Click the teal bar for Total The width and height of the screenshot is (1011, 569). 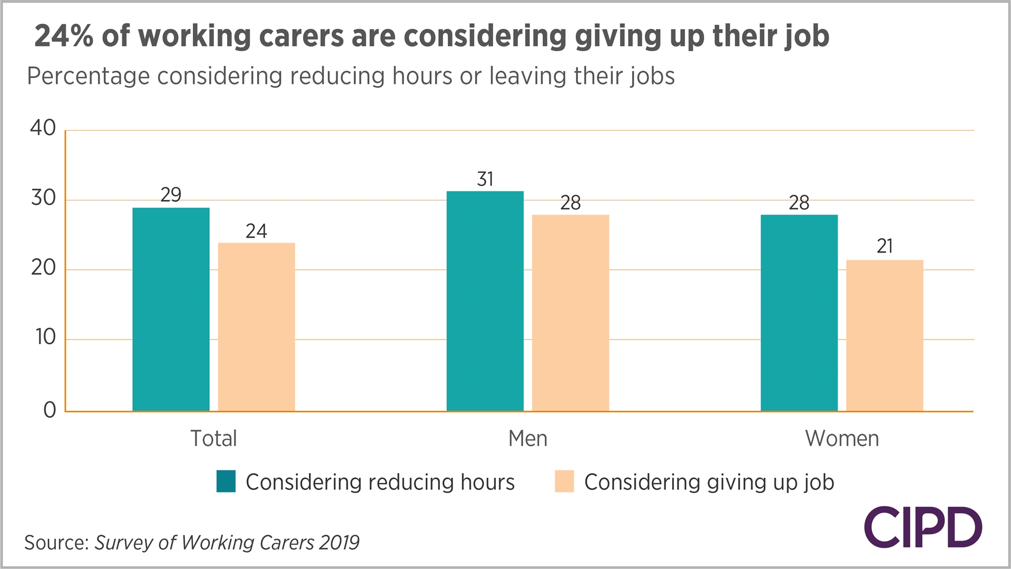pyautogui.click(x=171, y=310)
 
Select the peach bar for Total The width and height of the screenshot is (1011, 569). pyautogui.click(x=256, y=327)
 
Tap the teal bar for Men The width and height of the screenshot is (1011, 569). pyautogui.click(x=485, y=301)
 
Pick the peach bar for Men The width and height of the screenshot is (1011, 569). pyautogui.click(x=570, y=313)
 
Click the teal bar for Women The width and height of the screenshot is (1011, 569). pyautogui.click(x=799, y=313)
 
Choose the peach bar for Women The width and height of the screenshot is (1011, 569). pyautogui.click(x=884, y=335)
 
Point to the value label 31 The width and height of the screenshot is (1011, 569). pyautogui.click(x=485, y=179)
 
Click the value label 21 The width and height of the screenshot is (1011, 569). pyautogui.click(x=884, y=246)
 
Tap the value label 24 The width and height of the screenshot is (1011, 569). pyautogui.click(x=256, y=231)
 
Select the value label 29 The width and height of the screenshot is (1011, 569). pyautogui.click(x=171, y=195)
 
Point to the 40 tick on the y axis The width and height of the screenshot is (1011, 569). pyautogui.click(x=43, y=128)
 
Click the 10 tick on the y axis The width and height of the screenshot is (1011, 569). pyautogui.click(x=45, y=337)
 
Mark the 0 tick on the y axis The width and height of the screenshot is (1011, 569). pyautogui.click(x=50, y=410)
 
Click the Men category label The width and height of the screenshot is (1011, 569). pyautogui.click(x=527, y=438)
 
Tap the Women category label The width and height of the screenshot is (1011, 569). pyautogui.click(x=841, y=438)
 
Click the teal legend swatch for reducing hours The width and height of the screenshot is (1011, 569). pyautogui.click(x=226, y=481)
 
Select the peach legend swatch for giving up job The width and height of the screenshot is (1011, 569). pyautogui.click(x=564, y=481)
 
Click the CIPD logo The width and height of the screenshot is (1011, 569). pyautogui.click(x=922, y=527)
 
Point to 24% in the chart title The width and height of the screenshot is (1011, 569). pyautogui.click(x=63, y=36)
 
